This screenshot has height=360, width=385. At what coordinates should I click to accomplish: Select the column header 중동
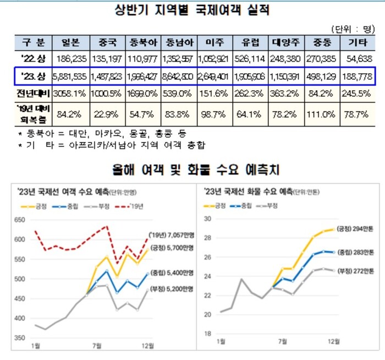(322, 42)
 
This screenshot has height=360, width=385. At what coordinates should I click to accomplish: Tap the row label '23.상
(32, 77)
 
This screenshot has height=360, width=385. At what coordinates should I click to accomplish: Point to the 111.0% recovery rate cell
(322, 115)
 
